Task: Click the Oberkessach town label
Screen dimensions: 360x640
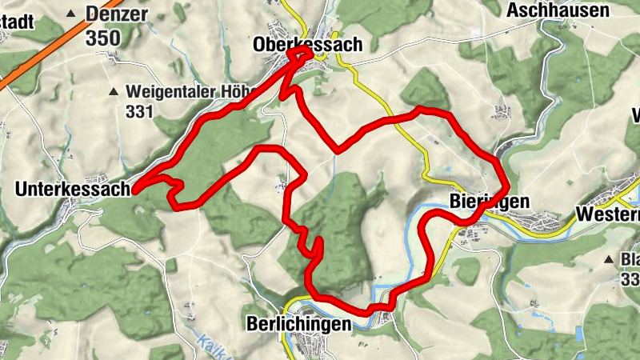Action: [308, 45]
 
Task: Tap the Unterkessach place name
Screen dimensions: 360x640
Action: [72, 190]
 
